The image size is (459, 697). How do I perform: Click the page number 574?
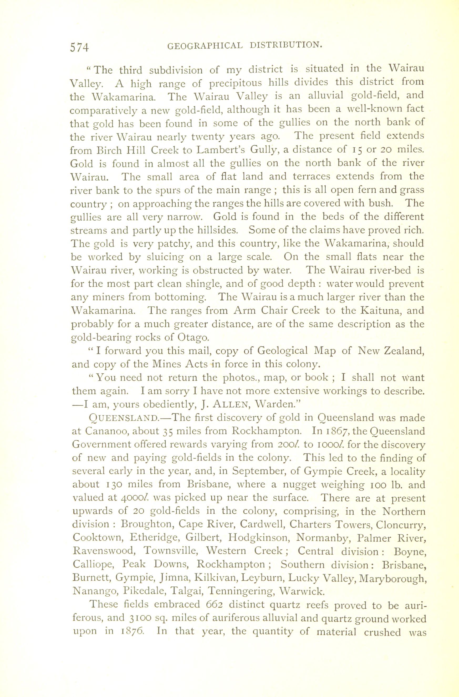point(79,47)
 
